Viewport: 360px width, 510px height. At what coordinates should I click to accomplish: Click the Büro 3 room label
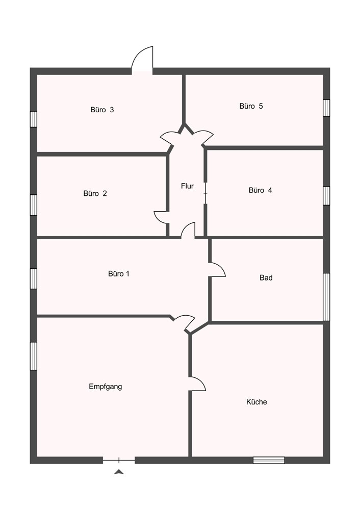pyautogui.click(x=102, y=110)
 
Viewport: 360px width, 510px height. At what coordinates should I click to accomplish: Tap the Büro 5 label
pyautogui.click(x=251, y=107)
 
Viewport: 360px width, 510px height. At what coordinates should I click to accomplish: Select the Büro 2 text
pyautogui.click(x=95, y=194)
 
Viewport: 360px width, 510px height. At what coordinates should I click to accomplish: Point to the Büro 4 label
pyautogui.click(x=260, y=190)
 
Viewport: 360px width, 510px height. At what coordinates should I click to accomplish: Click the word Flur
pyautogui.click(x=187, y=186)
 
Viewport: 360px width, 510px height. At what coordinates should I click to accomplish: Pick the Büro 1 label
pyautogui.click(x=119, y=274)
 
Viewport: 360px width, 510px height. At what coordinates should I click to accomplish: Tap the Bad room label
pyautogui.click(x=266, y=278)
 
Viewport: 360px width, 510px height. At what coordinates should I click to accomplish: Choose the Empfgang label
pyautogui.click(x=105, y=387)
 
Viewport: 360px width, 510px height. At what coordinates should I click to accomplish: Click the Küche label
pyautogui.click(x=256, y=402)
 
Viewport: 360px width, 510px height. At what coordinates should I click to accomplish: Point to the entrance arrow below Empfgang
pyautogui.click(x=119, y=472)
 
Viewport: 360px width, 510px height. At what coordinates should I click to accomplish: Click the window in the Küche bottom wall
pyautogui.click(x=269, y=460)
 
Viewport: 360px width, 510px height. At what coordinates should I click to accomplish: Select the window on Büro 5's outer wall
pyautogui.click(x=326, y=108)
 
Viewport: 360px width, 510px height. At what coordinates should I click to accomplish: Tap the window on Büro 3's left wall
pyautogui.click(x=34, y=119)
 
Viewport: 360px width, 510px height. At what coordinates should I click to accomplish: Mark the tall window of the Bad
pyautogui.click(x=326, y=297)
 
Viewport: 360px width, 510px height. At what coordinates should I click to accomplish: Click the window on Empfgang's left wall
pyautogui.click(x=34, y=355)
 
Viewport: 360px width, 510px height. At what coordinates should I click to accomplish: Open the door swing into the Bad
pyautogui.click(x=217, y=269)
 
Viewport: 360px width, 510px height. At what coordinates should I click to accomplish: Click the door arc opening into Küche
pyautogui.click(x=197, y=384)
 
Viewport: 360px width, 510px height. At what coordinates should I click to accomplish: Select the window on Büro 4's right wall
pyautogui.click(x=326, y=196)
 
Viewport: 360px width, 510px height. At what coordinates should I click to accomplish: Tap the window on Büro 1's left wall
pyautogui.click(x=34, y=278)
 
